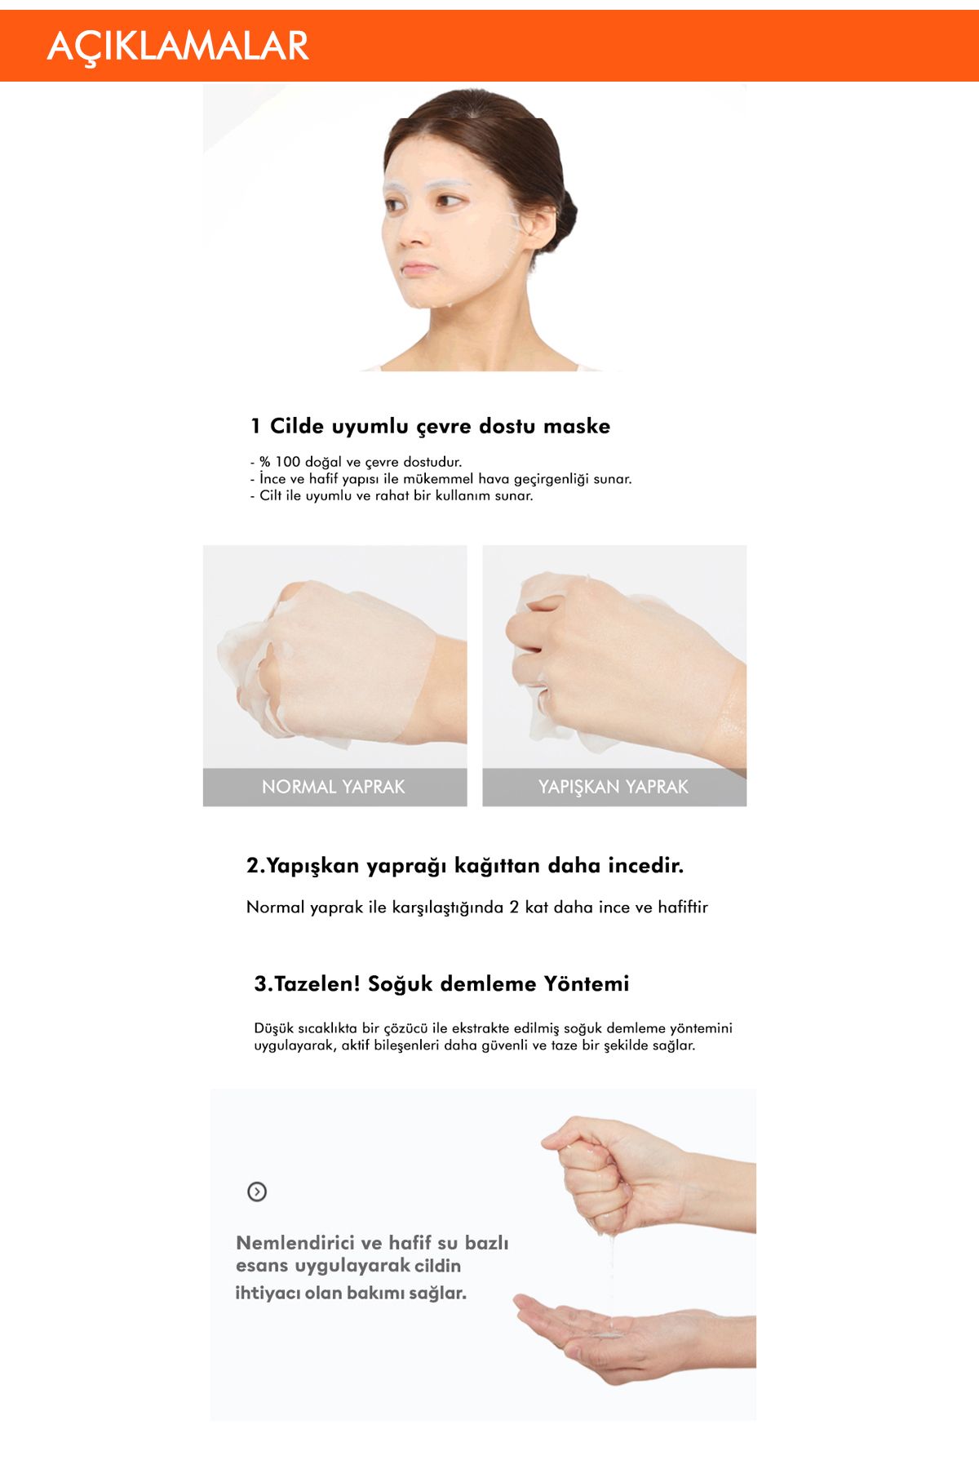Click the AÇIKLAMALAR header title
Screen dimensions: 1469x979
[x=178, y=46]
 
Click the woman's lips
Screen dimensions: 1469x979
[x=419, y=269]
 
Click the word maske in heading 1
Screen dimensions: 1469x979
[x=576, y=426]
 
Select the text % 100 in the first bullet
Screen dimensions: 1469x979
[x=280, y=462]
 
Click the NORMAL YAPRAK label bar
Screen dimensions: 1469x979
[x=334, y=787]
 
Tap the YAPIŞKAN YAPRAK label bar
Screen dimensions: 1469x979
[x=614, y=787]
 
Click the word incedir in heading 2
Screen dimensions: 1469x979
[x=645, y=866]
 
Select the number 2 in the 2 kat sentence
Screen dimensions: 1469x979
[x=514, y=908]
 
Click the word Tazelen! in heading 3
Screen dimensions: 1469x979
[x=317, y=983]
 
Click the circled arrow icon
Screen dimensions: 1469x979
[x=257, y=1192]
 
